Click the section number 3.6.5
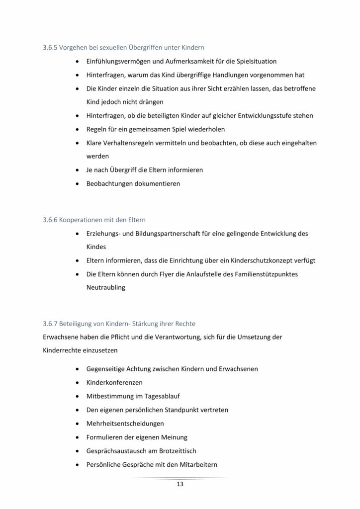coord(51,48)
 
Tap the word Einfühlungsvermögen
coord(122,61)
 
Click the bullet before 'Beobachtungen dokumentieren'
coord(78,183)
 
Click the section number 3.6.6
coord(51,219)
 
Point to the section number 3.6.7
coord(51,323)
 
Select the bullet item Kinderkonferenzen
coord(115,383)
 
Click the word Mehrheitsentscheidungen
coord(125,424)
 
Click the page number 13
coord(180,485)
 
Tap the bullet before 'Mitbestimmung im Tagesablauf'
coord(78,397)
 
